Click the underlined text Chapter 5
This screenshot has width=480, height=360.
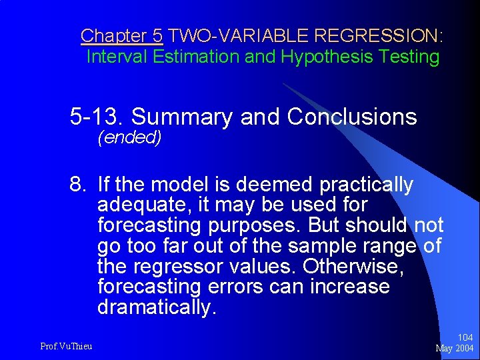pyautogui.click(x=121, y=35)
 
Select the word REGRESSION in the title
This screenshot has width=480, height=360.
pyautogui.click(x=377, y=35)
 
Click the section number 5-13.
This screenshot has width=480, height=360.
pyautogui.click(x=97, y=117)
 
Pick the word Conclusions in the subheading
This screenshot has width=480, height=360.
pyautogui.click(x=352, y=117)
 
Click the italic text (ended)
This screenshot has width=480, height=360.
pyautogui.click(x=129, y=139)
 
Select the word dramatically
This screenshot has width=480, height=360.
pyautogui.click(x=157, y=307)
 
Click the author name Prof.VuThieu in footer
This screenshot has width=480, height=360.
pyautogui.click(x=66, y=345)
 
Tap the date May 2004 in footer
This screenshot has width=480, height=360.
pyautogui.click(x=454, y=349)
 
